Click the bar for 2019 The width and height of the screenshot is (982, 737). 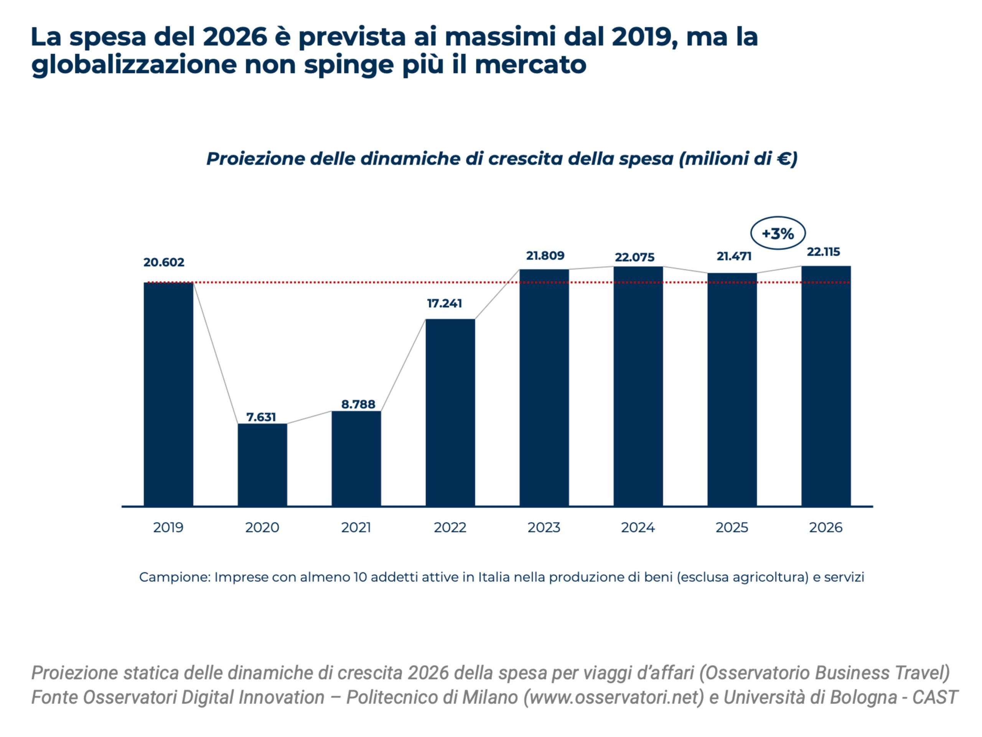coord(168,394)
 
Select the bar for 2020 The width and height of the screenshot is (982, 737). coord(262,465)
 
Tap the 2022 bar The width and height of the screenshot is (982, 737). coord(450,412)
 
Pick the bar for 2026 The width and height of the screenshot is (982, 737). coord(826,386)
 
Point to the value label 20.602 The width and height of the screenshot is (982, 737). coord(164,262)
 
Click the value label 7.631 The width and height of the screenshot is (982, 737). coord(261,417)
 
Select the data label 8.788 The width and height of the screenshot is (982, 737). coord(358,404)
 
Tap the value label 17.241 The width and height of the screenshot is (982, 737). coord(444,303)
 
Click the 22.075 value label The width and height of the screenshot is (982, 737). coord(634,257)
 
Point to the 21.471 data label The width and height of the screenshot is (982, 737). coord(734,256)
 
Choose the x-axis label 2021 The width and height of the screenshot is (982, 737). coord(356,527)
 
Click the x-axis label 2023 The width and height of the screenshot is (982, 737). coord(544,527)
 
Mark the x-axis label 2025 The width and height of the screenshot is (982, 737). coord(732,527)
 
